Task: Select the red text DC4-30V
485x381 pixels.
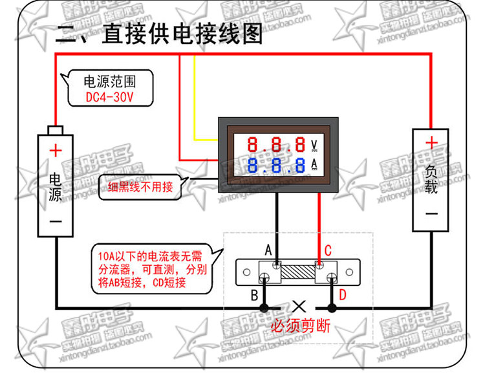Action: (x=109, y=98)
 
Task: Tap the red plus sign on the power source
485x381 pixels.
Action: (x=56, y=151)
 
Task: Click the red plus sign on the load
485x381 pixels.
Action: (x=431, y=142)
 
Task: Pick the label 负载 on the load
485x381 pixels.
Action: (x=431, y=179)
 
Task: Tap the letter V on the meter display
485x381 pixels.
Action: (x=315, y=144)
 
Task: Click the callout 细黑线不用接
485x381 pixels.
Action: (x=140, y=187)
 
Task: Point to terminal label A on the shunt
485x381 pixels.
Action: (x=268, y=249)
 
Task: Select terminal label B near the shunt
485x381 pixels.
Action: (x=255, y=295)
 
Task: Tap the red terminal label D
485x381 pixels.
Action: (x=343, y=296)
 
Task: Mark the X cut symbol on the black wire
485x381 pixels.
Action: (x=299, y=306)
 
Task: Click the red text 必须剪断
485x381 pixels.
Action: (x=300, y=326)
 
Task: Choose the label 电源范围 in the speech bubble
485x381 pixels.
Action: (x=110, y=83)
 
